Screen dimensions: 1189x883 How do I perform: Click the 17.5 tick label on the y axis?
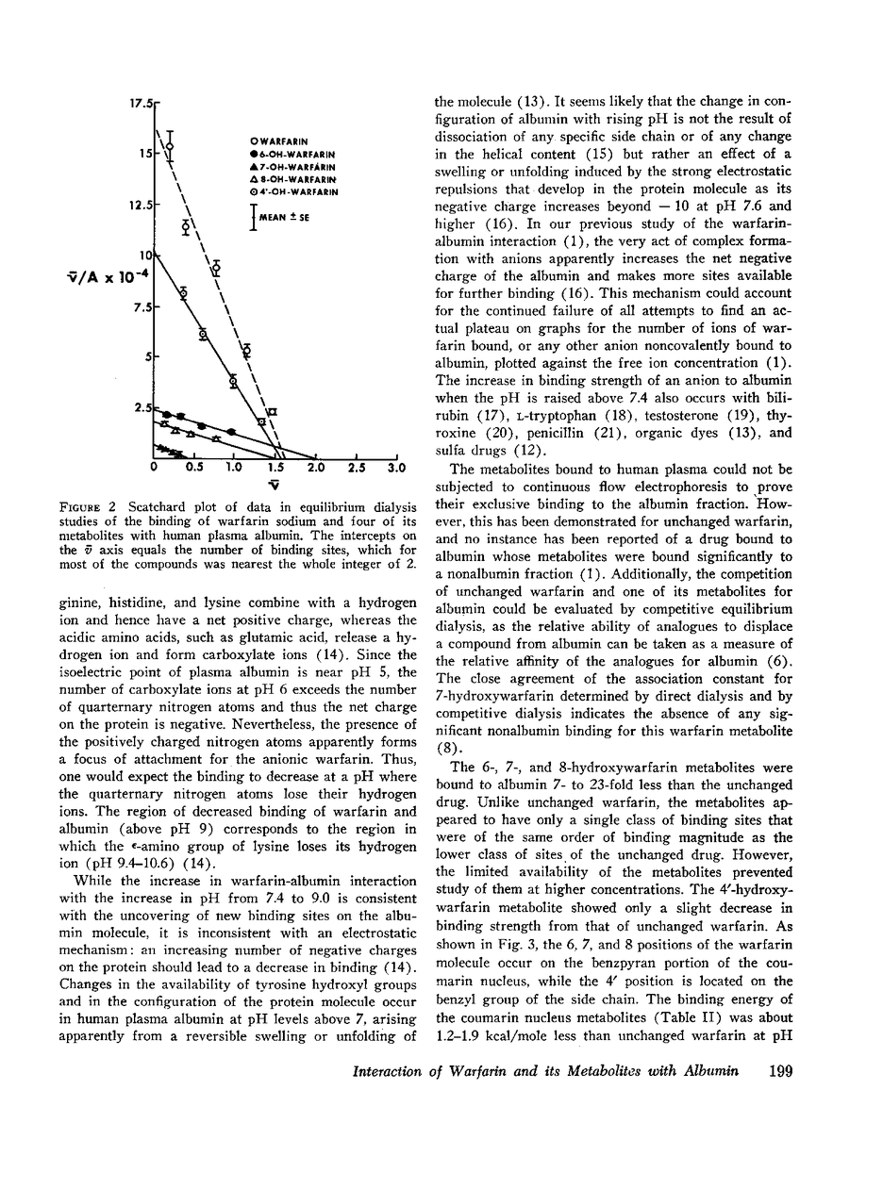(142, 102)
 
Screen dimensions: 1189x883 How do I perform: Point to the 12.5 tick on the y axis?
(142, 204)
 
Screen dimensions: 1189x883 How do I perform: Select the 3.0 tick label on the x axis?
(396, 467)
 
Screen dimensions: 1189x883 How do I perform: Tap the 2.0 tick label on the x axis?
(316, 467)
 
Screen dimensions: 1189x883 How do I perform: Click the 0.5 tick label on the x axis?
(194, 467)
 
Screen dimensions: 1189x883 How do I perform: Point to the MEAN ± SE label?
(283, 218)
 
